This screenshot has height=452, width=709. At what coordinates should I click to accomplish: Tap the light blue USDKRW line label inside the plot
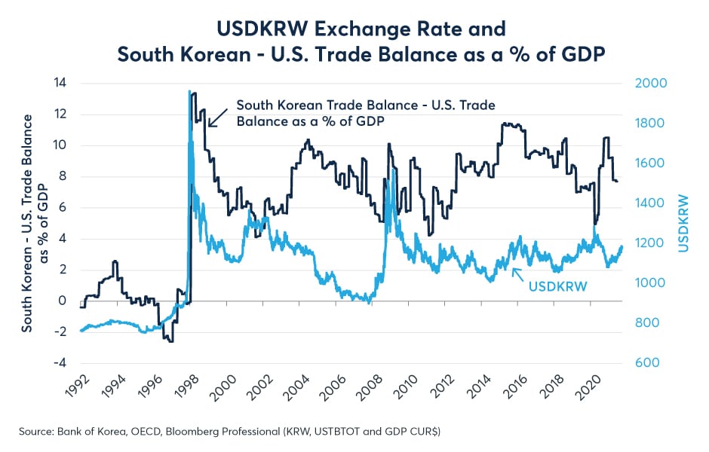(x=559, y=286)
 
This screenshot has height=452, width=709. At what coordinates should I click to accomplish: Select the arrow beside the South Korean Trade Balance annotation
(x=217, y=115)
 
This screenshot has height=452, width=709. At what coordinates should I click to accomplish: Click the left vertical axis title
(x=35, y=223)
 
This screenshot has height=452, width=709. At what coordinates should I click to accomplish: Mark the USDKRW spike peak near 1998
(x=189, y=91)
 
